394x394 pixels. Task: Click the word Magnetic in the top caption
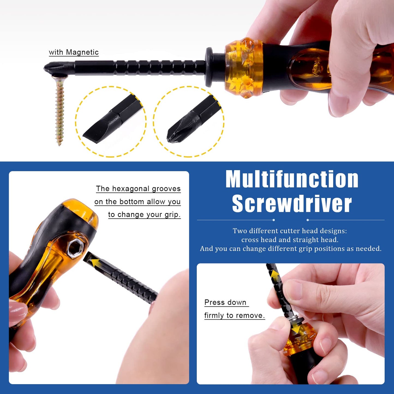82,52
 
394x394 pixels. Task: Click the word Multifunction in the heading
292,179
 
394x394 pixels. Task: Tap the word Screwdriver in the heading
292,204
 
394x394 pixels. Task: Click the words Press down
225,302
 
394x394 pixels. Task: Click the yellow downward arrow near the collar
296,330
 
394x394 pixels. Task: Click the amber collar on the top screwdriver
243,68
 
